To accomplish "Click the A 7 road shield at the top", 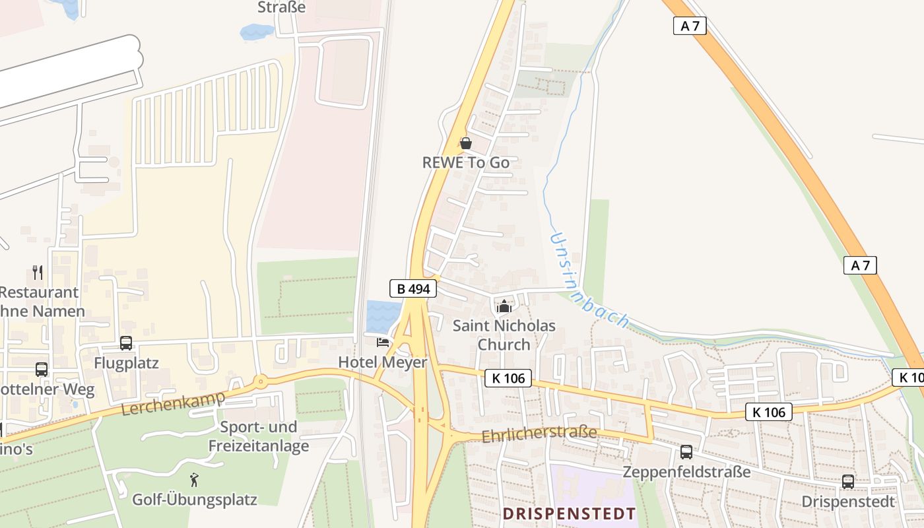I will (690, 26).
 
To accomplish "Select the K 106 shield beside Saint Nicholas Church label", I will (508, 378).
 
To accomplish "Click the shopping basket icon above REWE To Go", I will (466, 143).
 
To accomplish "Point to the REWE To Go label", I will (466, 162).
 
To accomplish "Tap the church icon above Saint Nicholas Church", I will (504, 306).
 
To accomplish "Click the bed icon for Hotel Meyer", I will (383, 342).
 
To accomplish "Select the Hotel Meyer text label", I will (383, 362).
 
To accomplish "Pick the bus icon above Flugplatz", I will (126, 343).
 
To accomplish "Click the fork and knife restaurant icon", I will (38, 272).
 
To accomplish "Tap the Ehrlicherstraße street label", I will (539, 434).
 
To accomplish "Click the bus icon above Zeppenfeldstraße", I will (686, 452).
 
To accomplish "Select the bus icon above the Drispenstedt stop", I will (848, 482).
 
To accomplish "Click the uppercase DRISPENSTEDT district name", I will (570, 513).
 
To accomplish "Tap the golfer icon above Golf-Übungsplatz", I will (194, 479).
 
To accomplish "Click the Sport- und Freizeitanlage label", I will (259, 436).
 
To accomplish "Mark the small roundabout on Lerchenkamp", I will (261, 381).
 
